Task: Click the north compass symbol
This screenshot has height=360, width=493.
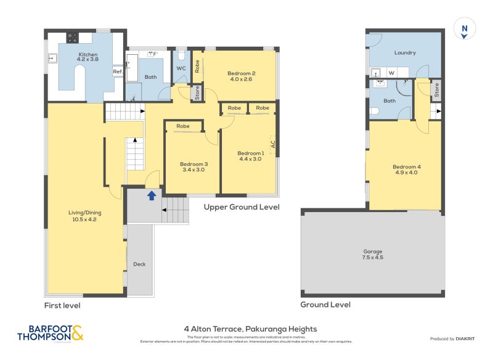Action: [x=464, y=30]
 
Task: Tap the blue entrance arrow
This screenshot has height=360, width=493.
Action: [x=150, y=195]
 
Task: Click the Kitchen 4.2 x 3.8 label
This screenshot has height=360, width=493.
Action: [x=88, y=57]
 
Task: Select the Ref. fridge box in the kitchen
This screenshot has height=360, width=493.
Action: [x=118, y=72]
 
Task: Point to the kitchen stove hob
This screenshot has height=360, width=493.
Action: [x=72, y=37]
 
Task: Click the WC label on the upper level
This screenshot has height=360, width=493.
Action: [x=181, y=68]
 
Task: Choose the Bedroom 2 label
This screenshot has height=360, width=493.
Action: [x=242, y=76]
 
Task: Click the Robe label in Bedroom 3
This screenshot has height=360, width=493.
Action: [x=183, y=126]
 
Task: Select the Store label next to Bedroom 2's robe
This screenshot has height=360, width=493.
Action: [x=197, y=94]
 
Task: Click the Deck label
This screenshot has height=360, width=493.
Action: [x=139, y=264]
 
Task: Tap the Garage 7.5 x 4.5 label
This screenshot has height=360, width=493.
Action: [x=372, y=255]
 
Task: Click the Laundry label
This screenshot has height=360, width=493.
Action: [x=404, y=53]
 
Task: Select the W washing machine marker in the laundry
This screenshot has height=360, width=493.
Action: [x=391, y=72]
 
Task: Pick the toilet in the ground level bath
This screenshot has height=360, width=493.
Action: [x=374, y=112]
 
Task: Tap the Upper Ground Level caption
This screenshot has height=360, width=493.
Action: [x=242, y=207]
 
